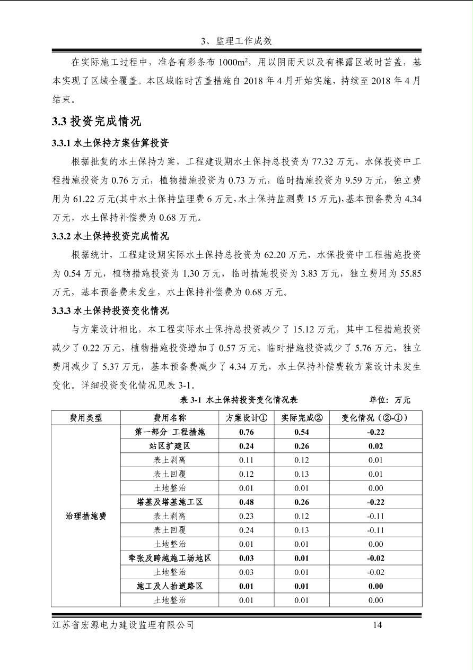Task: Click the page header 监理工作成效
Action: pos(236,41)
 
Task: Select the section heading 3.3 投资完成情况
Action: pos(97,122)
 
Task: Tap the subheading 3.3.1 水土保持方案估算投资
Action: pos(110,143)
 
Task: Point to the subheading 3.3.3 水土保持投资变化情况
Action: pos(110,310)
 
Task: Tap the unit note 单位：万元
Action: pos(390,400)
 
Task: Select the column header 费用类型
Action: pos(86,418)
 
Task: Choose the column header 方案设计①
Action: pos(246,418)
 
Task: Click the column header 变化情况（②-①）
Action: pos(375,418)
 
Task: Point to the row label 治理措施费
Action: pos(86,516)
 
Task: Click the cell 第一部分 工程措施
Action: pos(170,432)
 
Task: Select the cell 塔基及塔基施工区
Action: pos(170,502)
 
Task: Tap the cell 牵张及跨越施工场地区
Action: pos(170,558)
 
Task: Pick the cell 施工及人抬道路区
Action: pos(170,586)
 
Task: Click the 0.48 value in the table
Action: pos(246,502)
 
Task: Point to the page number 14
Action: pos(377,625)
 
